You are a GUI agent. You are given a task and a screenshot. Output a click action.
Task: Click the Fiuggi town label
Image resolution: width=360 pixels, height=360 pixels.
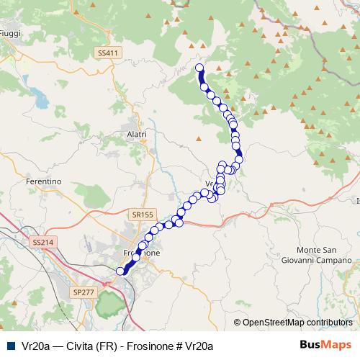coord(10,33)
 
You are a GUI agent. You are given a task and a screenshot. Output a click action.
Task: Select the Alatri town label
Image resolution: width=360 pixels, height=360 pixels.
coord(136,134)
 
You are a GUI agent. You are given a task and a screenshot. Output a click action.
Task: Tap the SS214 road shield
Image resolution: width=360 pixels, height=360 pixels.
coord(44,243)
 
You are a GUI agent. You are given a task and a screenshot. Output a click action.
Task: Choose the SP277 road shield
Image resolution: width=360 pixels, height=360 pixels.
coord(84,292)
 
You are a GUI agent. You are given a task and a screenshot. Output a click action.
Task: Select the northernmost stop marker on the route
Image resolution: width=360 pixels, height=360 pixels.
coord(199,68)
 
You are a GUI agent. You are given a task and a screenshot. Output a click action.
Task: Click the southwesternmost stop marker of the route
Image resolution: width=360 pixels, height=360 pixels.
coord(120,271)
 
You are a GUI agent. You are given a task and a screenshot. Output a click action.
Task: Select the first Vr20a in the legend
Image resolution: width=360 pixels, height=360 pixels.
coord(33,345)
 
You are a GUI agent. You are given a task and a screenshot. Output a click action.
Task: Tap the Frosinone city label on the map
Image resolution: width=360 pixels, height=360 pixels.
coord(137,253)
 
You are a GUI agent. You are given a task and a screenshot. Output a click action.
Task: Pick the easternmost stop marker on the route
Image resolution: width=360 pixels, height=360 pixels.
coord(239,160)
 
